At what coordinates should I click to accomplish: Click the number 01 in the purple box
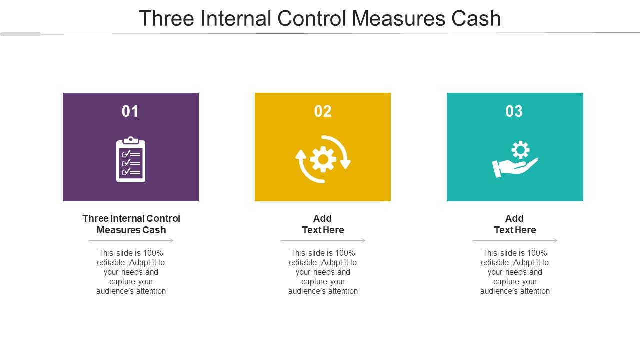(130, 111)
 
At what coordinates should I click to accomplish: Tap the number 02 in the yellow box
(323, 111)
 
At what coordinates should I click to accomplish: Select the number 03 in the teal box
(514, 111)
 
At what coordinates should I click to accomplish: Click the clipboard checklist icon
(131, 160)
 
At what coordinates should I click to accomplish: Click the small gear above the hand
(520, 150)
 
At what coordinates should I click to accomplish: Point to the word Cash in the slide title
(476, 19)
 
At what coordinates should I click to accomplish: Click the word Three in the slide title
(166, 19)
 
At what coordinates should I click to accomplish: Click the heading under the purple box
(131, 224)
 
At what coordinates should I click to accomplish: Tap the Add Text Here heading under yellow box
(323, 224)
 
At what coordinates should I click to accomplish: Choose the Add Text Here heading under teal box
(515, 224)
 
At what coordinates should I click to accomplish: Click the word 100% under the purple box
(152, 253)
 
